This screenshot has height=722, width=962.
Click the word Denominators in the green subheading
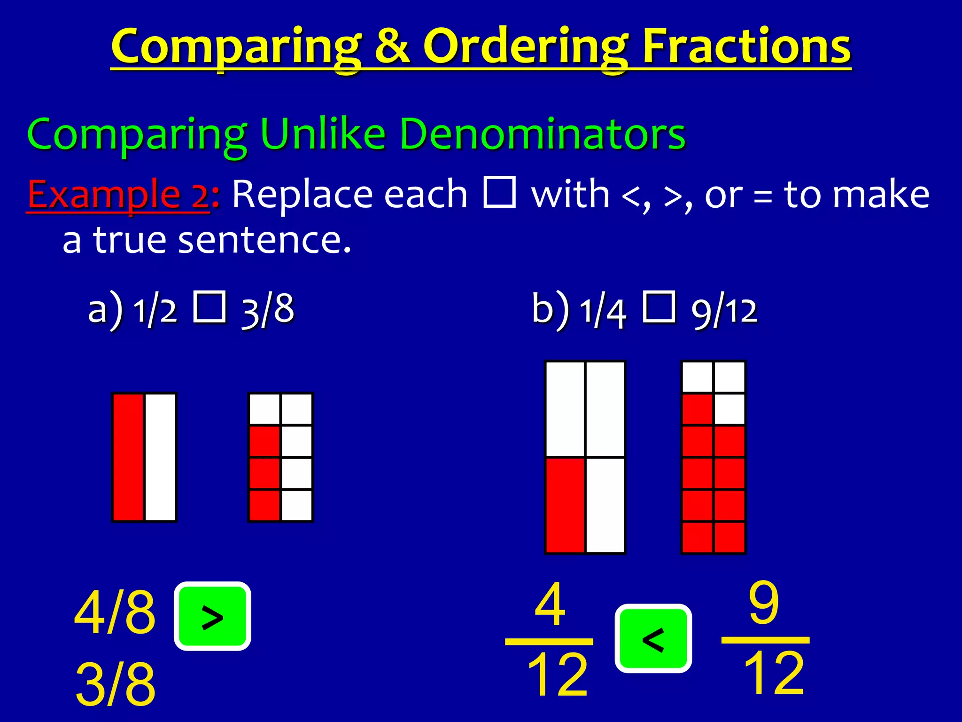click(x=543, y=134)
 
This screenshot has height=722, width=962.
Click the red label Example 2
click(x=118, y=195)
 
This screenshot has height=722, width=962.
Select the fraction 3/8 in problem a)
click(x=268, y=310)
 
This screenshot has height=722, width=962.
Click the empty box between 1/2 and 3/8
click(x=209, y=307)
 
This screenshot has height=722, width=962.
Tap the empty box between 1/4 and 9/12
click(x=659, y=307)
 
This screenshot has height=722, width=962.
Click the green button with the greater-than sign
click(x=212, y=616)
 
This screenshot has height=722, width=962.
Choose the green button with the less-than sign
click(x=653, y=638)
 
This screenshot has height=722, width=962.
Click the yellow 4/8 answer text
click(x=115, y=612)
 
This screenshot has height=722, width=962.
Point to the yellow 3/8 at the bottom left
click(x=115, y=683)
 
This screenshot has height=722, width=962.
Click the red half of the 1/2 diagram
click(x=128, y=457)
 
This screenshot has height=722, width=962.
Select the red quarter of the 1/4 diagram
click(x=565, y=505)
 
